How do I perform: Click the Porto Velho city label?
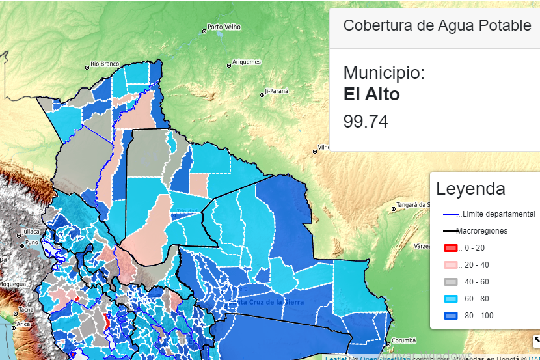(x=224, y=27)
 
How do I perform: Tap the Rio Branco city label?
(x=105, y=64)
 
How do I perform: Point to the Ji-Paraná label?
(x=276, y=91)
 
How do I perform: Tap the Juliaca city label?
(x=30, y=231)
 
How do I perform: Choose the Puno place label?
(x=31, y=242)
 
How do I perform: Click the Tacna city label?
(x=25, y=310)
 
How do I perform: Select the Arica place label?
(x=23, y=324)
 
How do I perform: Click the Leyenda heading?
(x=470, y=189)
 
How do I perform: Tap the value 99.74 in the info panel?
(x=366, y=122)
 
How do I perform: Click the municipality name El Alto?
(x=371, y=94)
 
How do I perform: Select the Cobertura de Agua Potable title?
(x=437, y=25)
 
